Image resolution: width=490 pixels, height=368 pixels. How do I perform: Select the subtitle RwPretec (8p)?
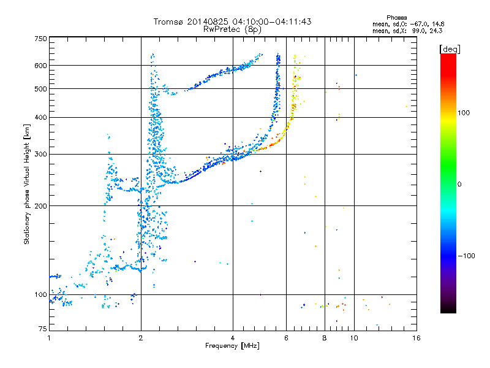tap(232, 29)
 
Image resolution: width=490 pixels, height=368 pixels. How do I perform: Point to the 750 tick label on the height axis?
tap(41, 39)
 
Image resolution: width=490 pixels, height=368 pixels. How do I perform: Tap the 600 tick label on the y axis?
tap(41, 66)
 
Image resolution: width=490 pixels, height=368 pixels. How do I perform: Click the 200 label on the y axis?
tap(41, 206)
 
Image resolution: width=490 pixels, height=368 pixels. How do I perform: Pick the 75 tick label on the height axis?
tap(43, 329)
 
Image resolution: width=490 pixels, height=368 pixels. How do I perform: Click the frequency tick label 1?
tap(49, 338)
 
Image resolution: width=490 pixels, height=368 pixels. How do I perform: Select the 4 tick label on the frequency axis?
tap(233, 338)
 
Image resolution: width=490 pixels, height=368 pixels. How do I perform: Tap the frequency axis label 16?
tap(417, 338)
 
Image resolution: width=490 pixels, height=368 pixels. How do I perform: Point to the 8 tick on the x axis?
tap(325, 338)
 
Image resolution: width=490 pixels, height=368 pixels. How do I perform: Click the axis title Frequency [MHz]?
tap(232, 346)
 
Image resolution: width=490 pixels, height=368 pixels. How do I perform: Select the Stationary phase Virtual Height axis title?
tap(27, 185)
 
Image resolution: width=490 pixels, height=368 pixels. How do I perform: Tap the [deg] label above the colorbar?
tap(450, 49)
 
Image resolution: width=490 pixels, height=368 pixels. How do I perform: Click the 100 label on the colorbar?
tap(464, 113)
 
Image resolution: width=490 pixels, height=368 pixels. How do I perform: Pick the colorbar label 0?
tap(459, 185)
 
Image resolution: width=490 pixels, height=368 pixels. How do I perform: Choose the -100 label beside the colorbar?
tap(466, 256)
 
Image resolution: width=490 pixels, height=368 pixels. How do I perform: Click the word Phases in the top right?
tap(396, 18)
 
